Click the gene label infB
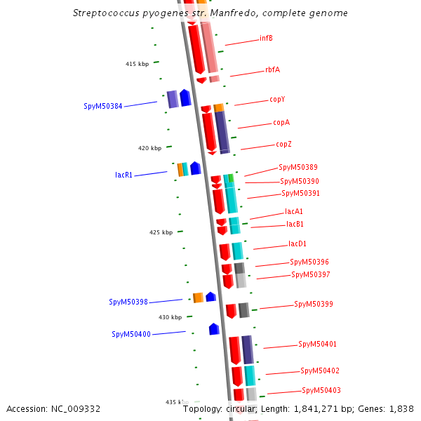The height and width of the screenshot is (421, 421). (266, 38)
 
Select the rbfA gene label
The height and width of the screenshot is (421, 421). (272, 69)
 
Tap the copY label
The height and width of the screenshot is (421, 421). (277, 100)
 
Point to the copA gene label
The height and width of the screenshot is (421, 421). (281, 122)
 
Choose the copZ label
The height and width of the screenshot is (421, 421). (283, 145)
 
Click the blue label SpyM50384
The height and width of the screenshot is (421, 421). (103, 107)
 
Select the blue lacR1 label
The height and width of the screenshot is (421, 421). (124, 175)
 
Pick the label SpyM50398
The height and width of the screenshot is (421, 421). (128, 302)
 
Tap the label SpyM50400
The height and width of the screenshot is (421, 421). (131, 334)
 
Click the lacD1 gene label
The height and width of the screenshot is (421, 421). (298, 244)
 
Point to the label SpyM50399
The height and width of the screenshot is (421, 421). (314, 304)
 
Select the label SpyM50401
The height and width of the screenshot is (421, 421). (317, 344)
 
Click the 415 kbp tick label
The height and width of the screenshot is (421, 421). (138, 64)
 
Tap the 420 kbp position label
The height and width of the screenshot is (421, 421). (149, 148)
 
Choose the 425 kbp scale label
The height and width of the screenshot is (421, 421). (161, 232)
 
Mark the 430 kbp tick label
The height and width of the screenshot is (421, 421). (170, 317)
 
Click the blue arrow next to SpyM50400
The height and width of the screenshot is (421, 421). (214, 328)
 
